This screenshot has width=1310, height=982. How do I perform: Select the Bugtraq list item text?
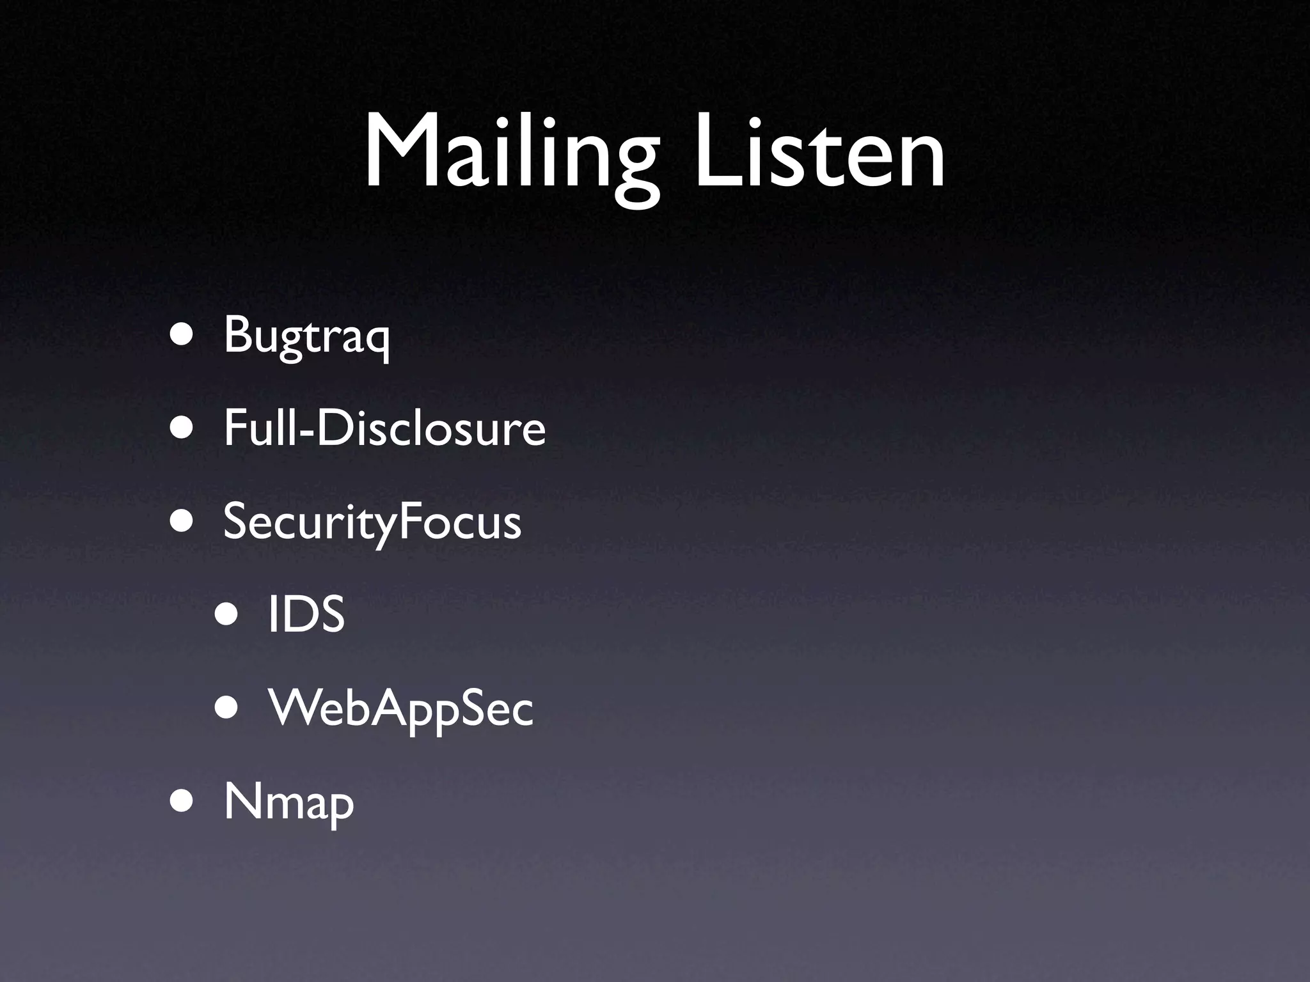(x=306, y=335)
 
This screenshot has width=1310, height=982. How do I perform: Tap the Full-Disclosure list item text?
(x=384, y=428)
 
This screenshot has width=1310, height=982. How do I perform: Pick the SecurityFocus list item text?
(x=372, y=522)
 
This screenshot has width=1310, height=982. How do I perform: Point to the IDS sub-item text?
(x=306, y=614)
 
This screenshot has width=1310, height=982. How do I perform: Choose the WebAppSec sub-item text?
(x=400, y=708)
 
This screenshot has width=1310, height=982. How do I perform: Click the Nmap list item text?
(x=288, y=802)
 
